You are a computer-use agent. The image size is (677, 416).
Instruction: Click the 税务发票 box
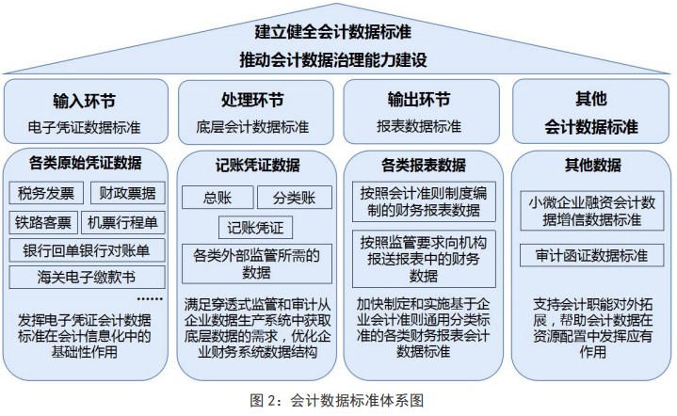(x=46, y=193)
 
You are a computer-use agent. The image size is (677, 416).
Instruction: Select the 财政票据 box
(x=128, y=193)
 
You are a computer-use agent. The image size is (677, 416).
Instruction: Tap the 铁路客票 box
(x=43, y=222)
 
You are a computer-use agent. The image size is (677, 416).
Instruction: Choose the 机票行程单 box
(x=123, y=222)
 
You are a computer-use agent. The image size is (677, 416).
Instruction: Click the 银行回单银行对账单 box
(x=88, y=250)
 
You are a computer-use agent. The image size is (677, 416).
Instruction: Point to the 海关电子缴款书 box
(x=88, y=277)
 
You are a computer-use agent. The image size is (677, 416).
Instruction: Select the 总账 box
(x=218, y=198)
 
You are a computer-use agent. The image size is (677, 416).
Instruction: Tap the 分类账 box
(x=295, y=198)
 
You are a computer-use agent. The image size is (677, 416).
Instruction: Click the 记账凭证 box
(x=255, y=228)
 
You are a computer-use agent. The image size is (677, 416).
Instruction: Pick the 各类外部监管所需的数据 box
(x=257, y=264)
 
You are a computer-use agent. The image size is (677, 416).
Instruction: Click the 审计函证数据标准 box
(x=592, y=255)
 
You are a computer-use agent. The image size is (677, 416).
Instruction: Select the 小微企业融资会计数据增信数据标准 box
(x=592, y=211)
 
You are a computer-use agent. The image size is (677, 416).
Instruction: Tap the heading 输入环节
(x=85, y=101)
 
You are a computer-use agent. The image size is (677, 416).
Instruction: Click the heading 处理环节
(x=252, y=100)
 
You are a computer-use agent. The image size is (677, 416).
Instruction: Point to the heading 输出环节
(x=419, y=100)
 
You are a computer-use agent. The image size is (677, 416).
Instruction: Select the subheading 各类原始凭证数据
(x=85, y=163)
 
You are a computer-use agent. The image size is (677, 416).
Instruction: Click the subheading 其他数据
(x=593, y=165)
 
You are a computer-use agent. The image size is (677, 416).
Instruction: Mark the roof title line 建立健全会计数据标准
(x=333, y=32)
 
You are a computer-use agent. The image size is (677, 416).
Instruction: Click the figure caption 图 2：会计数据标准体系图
(x=337, y=400)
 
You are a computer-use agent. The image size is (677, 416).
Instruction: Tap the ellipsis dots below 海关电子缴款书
(x=150, y=298)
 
